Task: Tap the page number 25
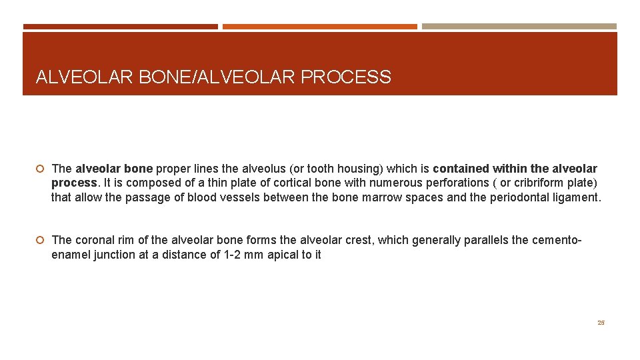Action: tap(601, 323)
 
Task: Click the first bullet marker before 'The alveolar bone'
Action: tap(41, 169)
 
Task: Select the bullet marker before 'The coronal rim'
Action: tap(41, 240)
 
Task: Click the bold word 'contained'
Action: tap(462, 169)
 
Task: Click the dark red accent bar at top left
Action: tap(120, 27)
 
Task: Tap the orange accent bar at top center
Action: tap(319, 27)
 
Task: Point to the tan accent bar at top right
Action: tap(519, 27)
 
